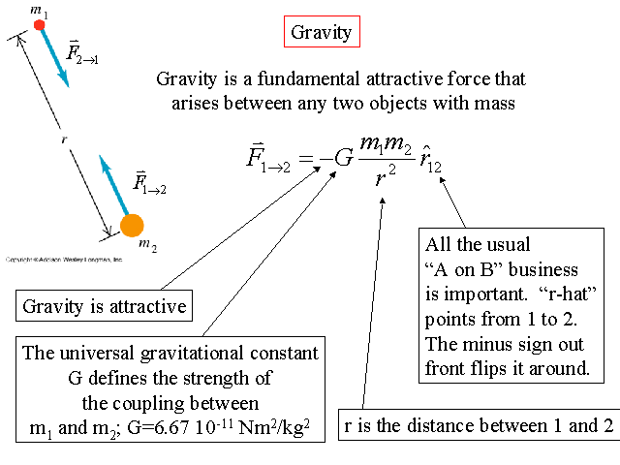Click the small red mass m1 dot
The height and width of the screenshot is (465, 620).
pos(40,25)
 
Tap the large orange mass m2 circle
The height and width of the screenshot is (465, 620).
pos(131,226)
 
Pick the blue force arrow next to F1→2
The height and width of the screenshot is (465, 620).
pos(115,185)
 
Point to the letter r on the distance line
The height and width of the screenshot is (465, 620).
pos(64,139)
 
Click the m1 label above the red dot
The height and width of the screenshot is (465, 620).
pos(39,9)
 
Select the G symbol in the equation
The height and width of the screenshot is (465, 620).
pos(344,156)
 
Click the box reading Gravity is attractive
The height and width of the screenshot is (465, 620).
pos(105,307)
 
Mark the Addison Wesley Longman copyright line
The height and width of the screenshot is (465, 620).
pos(64,260)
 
